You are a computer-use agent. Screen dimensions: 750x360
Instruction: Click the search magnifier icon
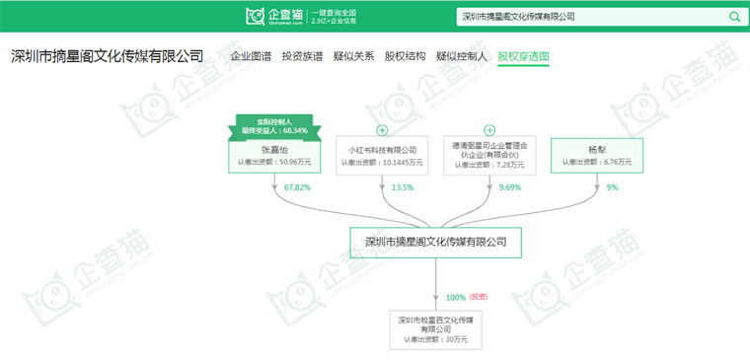pyautogui.click(x=733, y=17)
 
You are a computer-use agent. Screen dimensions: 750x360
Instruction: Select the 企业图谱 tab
pyautogui.click(x=251, y=56)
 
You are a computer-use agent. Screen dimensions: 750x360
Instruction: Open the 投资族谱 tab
pyautogui.click(x=302, y=56)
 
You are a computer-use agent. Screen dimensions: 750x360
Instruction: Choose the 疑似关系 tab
pyautogui.click(x=353, y=56)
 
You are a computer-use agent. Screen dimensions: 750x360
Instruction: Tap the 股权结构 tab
pyautogui.click(x=405, y=56)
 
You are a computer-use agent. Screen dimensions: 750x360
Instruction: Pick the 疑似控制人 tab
pyautogui.click(x=462, y=56)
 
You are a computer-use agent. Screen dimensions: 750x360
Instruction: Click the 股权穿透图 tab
pyautogui.click(x=523, y=56)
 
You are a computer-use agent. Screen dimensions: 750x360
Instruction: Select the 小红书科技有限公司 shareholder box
pyautogui.click(x=381, y=155)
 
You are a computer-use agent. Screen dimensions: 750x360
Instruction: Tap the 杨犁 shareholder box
pyautogui.click(x=596, y=155)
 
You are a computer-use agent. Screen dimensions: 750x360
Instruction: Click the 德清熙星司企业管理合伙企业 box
pyautogui.click(x=488, y=155)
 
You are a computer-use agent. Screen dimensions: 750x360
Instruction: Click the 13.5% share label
pyautogui.click(x=403, y=186)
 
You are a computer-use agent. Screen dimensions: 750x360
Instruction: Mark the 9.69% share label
pyautogui.click(x=510, y=186)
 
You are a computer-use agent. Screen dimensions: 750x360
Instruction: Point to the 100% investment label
pyautogui.click(x=456, y=297)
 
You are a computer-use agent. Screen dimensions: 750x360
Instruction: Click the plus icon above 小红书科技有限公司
pyautogui.click(x=381, y=130)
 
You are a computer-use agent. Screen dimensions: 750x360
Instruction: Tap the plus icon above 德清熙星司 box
pyautogui.click(x=488, y=130)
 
